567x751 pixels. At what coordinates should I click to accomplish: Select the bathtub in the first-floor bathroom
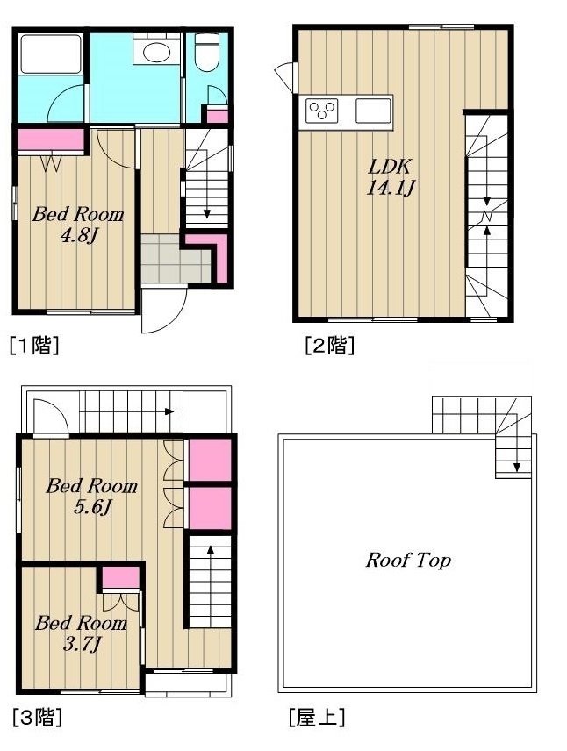51,54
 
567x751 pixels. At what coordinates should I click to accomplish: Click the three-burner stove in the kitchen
322,111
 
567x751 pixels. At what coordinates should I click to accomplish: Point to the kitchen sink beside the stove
373,111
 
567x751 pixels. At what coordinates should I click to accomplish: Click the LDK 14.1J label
390,176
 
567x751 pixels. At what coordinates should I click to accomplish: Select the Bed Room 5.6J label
91,495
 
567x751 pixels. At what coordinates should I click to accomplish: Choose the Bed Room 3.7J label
80,633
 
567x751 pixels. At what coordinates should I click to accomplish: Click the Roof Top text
408,560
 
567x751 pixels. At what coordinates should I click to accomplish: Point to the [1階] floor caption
34,345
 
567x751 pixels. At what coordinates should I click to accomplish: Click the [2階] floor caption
329,345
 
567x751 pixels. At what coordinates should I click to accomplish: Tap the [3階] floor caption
36,718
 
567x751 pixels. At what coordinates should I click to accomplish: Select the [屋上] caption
317,718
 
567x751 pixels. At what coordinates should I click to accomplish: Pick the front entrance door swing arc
165,311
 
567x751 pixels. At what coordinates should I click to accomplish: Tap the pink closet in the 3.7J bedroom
119,578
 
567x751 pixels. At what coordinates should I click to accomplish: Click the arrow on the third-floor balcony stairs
167,411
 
